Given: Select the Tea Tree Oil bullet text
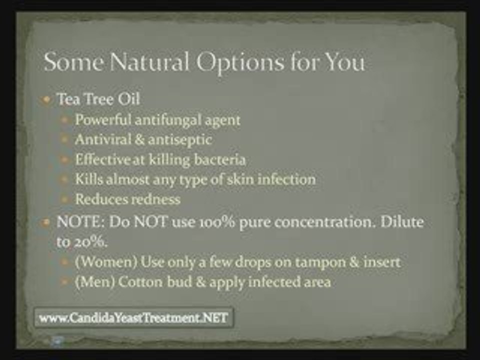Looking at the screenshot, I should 98,99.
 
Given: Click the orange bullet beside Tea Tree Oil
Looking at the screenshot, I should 47,99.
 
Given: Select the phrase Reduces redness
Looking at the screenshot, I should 127,199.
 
